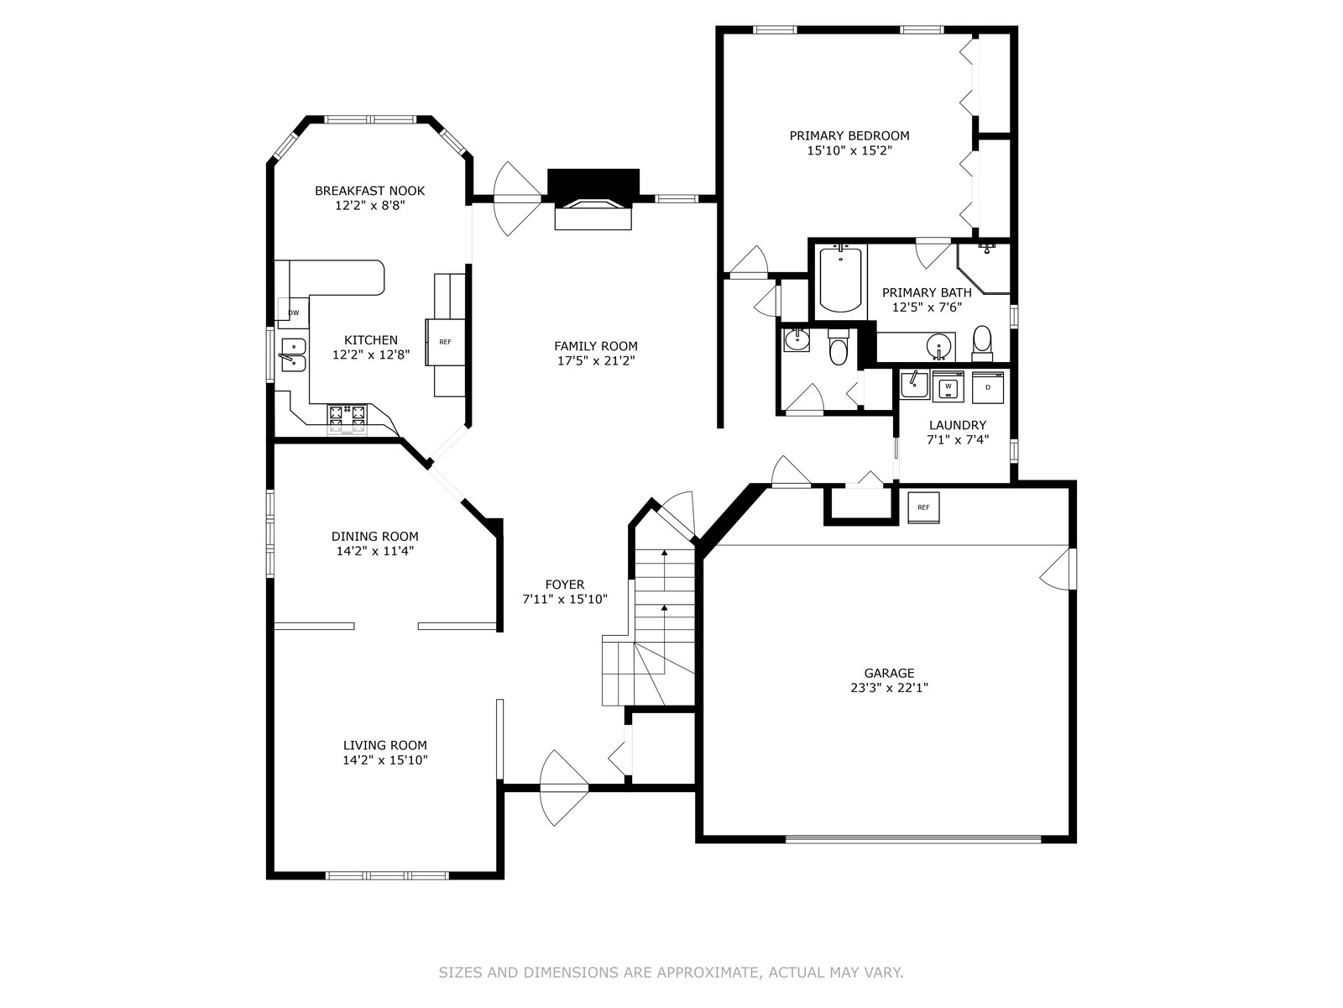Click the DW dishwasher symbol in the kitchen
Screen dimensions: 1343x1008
click(x=294, y=312)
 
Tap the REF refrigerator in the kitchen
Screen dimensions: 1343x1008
click(x=446, y=342)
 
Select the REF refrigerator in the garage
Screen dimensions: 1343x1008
click(x=923, y=507)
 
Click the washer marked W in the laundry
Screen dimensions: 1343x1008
click(x=948, y=386)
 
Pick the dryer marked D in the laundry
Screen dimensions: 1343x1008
click(x=987, y=387)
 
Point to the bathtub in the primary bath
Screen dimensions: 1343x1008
click(x=841, y=279)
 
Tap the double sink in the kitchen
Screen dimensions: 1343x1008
click(x=293, y=355)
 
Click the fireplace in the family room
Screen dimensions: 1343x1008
click(x=593, y=200)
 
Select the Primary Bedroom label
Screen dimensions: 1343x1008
click(x=849, y=136)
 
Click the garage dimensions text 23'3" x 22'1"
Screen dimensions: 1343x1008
click(x=889, y=687)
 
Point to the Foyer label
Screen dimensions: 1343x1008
click(x=565, y=585)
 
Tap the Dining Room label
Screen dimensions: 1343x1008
click(x=375, y=536)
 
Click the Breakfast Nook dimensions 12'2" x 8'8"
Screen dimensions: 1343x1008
click(x=370, y=206)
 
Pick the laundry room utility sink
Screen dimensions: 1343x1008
click(x=914, y=385)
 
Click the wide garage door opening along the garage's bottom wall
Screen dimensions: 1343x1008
click(x=913, y=839)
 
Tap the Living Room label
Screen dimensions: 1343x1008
click(x=384, y=745)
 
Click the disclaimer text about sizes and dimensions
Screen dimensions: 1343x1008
click(x=671, y=973)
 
